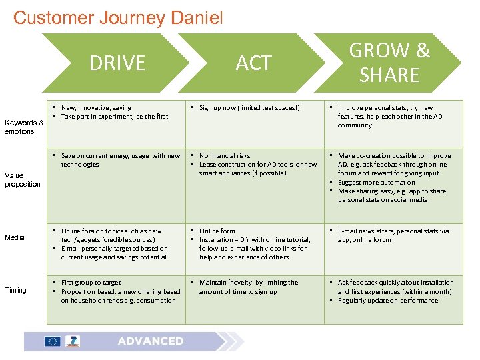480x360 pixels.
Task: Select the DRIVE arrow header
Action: [117, 63]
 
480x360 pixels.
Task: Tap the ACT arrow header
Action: [253, 63]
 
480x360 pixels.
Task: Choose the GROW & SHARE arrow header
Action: [389, 63]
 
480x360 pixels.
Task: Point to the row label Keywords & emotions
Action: [24, 127]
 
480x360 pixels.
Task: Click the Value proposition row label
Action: [23, 180]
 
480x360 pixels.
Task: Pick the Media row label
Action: [15, 237]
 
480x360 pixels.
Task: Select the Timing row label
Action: [16, 290]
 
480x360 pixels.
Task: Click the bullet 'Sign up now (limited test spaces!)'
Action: [249, 107]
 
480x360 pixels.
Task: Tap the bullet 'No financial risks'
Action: [225, 156]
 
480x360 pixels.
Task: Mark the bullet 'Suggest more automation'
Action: [377, 182]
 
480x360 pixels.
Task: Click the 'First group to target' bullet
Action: [91, 283]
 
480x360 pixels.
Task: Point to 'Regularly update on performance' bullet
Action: [388, 300]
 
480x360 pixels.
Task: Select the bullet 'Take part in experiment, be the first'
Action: [115, 116]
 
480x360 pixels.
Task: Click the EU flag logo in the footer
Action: [53, 341]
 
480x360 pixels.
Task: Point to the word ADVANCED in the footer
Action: [150, 341]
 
